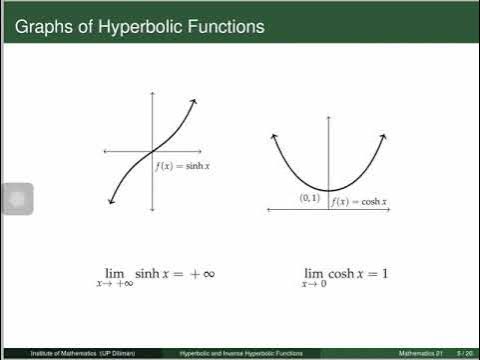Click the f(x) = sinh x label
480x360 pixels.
(182, 165)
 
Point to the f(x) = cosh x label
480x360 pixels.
(359, 201)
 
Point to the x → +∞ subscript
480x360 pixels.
(115, 285)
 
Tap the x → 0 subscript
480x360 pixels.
(316, 285)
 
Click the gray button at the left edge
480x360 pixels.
(17, 199)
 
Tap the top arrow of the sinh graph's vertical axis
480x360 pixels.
(152, 93)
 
